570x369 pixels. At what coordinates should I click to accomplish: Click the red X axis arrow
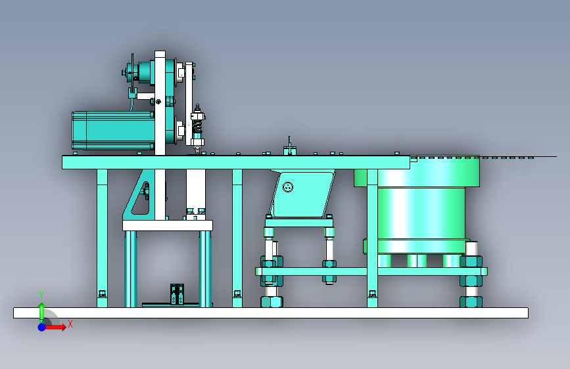click(x=55, y=327)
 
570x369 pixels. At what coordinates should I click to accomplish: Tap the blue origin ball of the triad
click(x=42, y=327)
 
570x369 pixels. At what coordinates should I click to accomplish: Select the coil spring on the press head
click(x=197, y=127)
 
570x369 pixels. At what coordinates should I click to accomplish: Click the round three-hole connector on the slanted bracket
click(x=288, y=187)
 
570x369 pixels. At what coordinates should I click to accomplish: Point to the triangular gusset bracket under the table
click(x=139, y=194)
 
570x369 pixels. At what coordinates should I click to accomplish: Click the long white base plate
click(x=271, y=313)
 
